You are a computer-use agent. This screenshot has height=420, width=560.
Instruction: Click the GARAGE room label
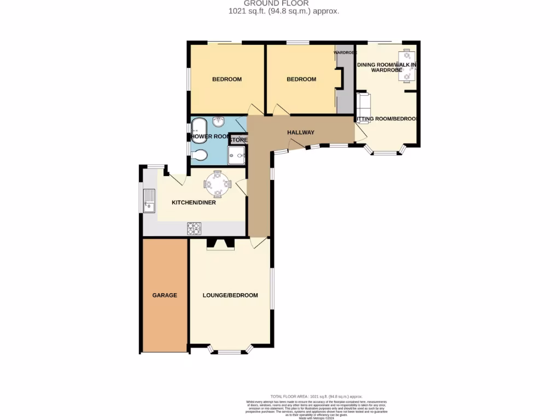coord(165,295)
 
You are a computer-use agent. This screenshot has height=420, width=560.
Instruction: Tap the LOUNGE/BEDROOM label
coord(230,295)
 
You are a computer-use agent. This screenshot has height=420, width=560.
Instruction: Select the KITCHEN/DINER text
coord(194,202)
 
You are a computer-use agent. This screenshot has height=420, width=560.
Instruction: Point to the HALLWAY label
coord(301,132)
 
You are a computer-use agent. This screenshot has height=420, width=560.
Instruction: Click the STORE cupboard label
coord(238,140)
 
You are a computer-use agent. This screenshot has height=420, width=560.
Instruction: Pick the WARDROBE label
coord(345,52)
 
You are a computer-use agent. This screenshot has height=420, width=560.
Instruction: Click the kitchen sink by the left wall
coord(149,201)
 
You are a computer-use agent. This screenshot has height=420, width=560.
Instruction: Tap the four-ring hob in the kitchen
coord(194,229)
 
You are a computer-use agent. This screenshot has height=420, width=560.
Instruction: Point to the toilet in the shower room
coord(200,155)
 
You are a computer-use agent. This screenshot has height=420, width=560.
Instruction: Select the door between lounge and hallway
coord(258,242)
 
